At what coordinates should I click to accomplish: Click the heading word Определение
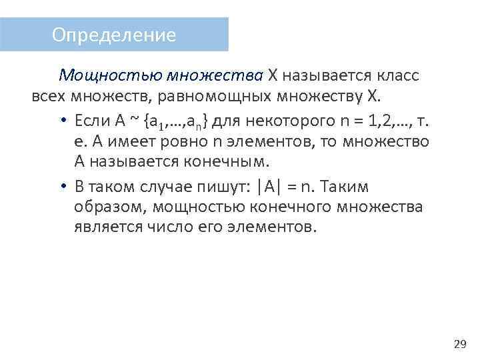tap(114, 35)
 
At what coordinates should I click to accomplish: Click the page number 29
tap(459, 344)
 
